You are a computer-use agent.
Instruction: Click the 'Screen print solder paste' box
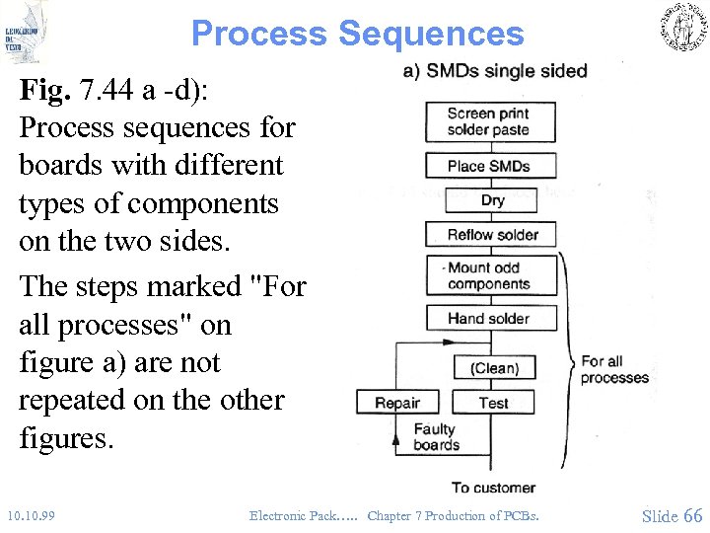point(489,121)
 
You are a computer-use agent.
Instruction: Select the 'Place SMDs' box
point(490,166)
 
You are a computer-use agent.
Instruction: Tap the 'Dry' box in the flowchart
point(491,200)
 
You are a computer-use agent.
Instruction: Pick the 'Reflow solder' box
point(490,235)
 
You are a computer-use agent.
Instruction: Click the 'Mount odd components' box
point(490,276)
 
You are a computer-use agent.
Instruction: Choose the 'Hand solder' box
point(490,318)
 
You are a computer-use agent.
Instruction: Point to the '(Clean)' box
point(494,368)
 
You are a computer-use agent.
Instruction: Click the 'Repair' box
point(398,403)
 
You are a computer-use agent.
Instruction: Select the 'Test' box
point(493,403)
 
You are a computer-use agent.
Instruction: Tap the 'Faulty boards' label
point(435,437)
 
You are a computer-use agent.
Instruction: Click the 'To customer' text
point(493,488)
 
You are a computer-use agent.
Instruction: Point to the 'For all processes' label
point(614,369)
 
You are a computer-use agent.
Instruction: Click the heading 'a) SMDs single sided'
point(495,71)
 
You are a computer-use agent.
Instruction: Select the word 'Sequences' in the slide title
point(431,34)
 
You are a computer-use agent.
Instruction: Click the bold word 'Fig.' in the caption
point(45,91)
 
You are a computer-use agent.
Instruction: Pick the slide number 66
point(692,515)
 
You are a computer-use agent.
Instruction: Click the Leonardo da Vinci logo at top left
point(25,33)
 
